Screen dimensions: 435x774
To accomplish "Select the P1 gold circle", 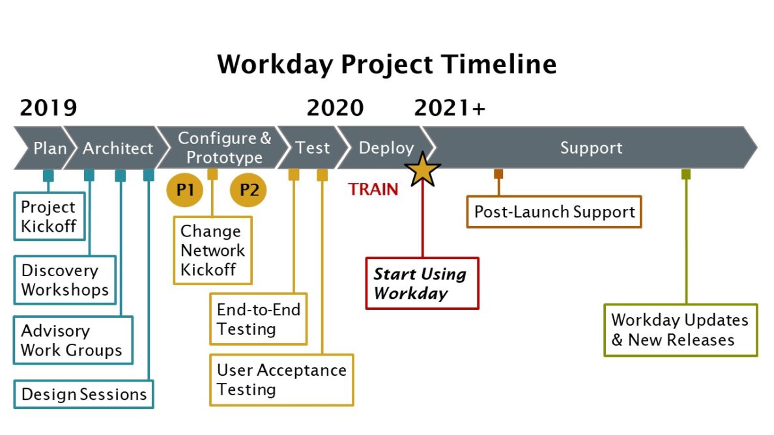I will point(185,190).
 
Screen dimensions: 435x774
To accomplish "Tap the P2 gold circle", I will point(248,190).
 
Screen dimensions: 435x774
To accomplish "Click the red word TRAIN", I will point(373,189).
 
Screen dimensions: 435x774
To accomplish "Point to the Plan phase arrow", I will point(48,148).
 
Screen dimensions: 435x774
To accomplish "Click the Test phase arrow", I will point(312,148).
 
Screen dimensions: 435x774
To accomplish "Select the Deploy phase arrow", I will point(385,148).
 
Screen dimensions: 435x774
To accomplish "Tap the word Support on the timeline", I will point(591,148).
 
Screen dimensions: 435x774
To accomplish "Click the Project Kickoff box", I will point(50,216).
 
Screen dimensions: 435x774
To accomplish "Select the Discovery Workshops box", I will point(64,280).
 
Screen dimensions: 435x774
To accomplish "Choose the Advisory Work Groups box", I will point(72,340).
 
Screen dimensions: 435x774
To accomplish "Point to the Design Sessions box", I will point(83,394).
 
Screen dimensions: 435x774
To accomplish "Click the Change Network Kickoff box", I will point(212,251).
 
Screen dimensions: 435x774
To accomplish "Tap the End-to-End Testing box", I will point(258,319).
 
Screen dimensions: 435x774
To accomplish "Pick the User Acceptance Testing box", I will point(281,380).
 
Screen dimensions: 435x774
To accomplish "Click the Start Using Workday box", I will point(422,283).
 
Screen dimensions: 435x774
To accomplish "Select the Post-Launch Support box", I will point(554,212).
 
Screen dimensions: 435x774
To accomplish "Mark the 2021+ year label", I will point(450,107).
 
